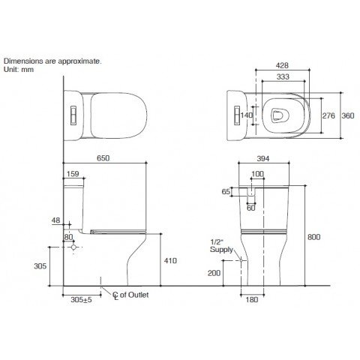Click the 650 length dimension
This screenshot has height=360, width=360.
[103, 158]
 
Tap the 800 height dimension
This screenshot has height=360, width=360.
[313, 237]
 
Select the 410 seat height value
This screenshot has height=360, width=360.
[170, 261]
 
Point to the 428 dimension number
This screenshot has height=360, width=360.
[282, 65]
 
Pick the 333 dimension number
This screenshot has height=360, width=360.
[283, 76]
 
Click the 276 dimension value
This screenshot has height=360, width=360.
[328, 115]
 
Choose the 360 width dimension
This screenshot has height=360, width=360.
[348, 115]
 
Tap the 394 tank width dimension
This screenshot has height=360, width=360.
[263, 158]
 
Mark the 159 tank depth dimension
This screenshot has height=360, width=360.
[73, 174]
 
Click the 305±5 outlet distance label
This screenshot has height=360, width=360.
[81, 299]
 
